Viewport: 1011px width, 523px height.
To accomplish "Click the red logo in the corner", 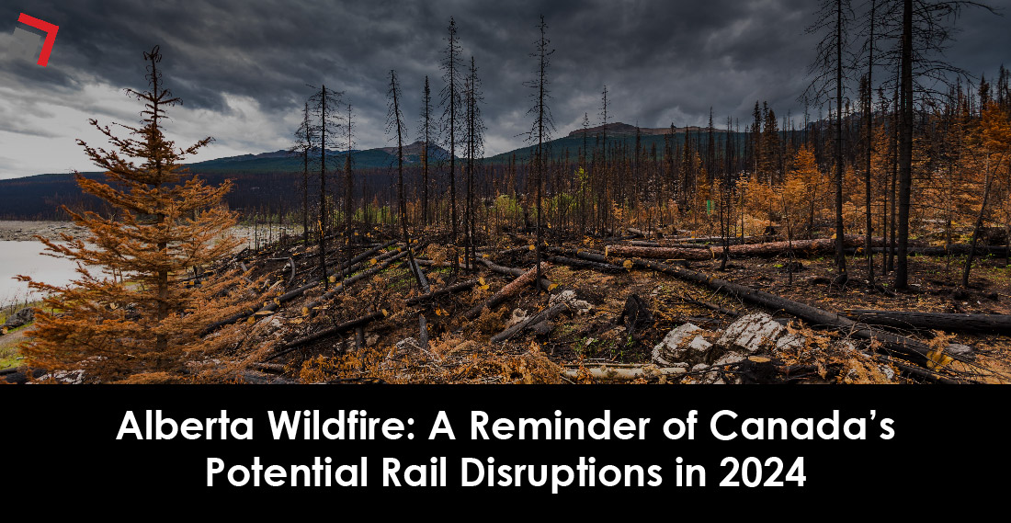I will pyautogui.click(x=39, y=37).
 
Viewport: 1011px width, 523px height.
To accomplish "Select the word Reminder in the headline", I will pyautogui.click(x=538, y=430).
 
